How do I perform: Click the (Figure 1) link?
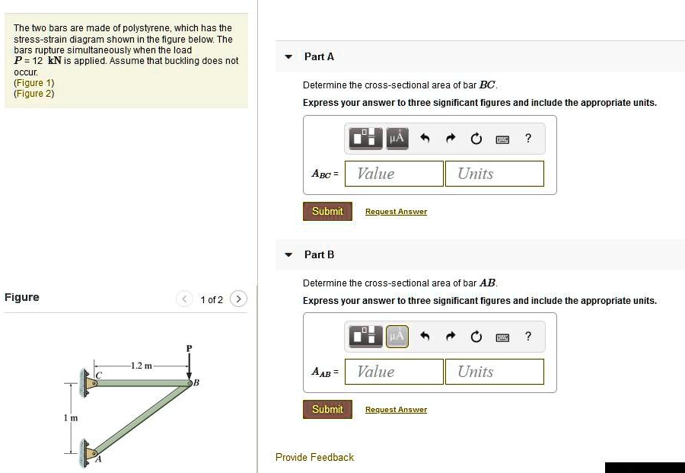(x=34, y=82)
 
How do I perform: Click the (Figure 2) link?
(x=34, y=93)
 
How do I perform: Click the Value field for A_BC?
(x=393, y=174)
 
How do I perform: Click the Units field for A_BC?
(x=495, y=174)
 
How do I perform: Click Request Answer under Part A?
(x=396, y=212)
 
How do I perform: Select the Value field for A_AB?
(x=393, y=372)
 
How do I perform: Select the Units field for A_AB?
(x=495, y=372)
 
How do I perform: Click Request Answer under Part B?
(x=396, y=410)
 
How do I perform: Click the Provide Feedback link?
(x=314, y=457)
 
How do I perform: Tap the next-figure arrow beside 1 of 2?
(x=238, y=299)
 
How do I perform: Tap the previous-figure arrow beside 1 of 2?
(x=185, y=299)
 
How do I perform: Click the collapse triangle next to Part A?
(x=288, y=57)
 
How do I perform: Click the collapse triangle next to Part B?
(x=288, y=255)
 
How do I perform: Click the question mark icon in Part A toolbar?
(x=528, y=138)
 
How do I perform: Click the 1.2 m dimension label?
(x=141, y=366)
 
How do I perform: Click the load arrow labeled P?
(x=190, y=364)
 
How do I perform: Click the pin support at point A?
(x=89, y=453)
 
